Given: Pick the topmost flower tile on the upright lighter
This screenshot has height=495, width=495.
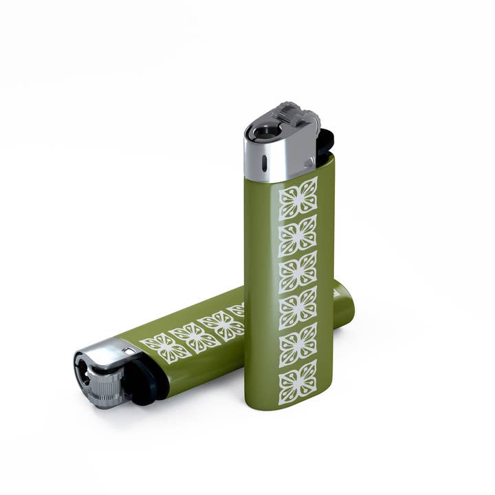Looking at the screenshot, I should [298, 199].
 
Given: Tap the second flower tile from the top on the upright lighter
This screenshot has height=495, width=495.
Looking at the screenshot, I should [298, 235].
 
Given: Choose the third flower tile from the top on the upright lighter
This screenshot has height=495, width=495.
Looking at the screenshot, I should [298, 272].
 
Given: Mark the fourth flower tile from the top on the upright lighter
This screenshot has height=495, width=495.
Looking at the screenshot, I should [298, 308].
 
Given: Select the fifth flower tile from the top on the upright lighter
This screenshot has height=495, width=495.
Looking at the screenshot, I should [298, 344].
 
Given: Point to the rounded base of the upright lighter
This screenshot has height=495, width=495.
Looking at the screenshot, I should [289, 402].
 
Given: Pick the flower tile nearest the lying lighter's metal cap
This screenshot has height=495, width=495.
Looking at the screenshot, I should [166, 348].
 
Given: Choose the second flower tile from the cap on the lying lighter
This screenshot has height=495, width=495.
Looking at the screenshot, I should [195, 336].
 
